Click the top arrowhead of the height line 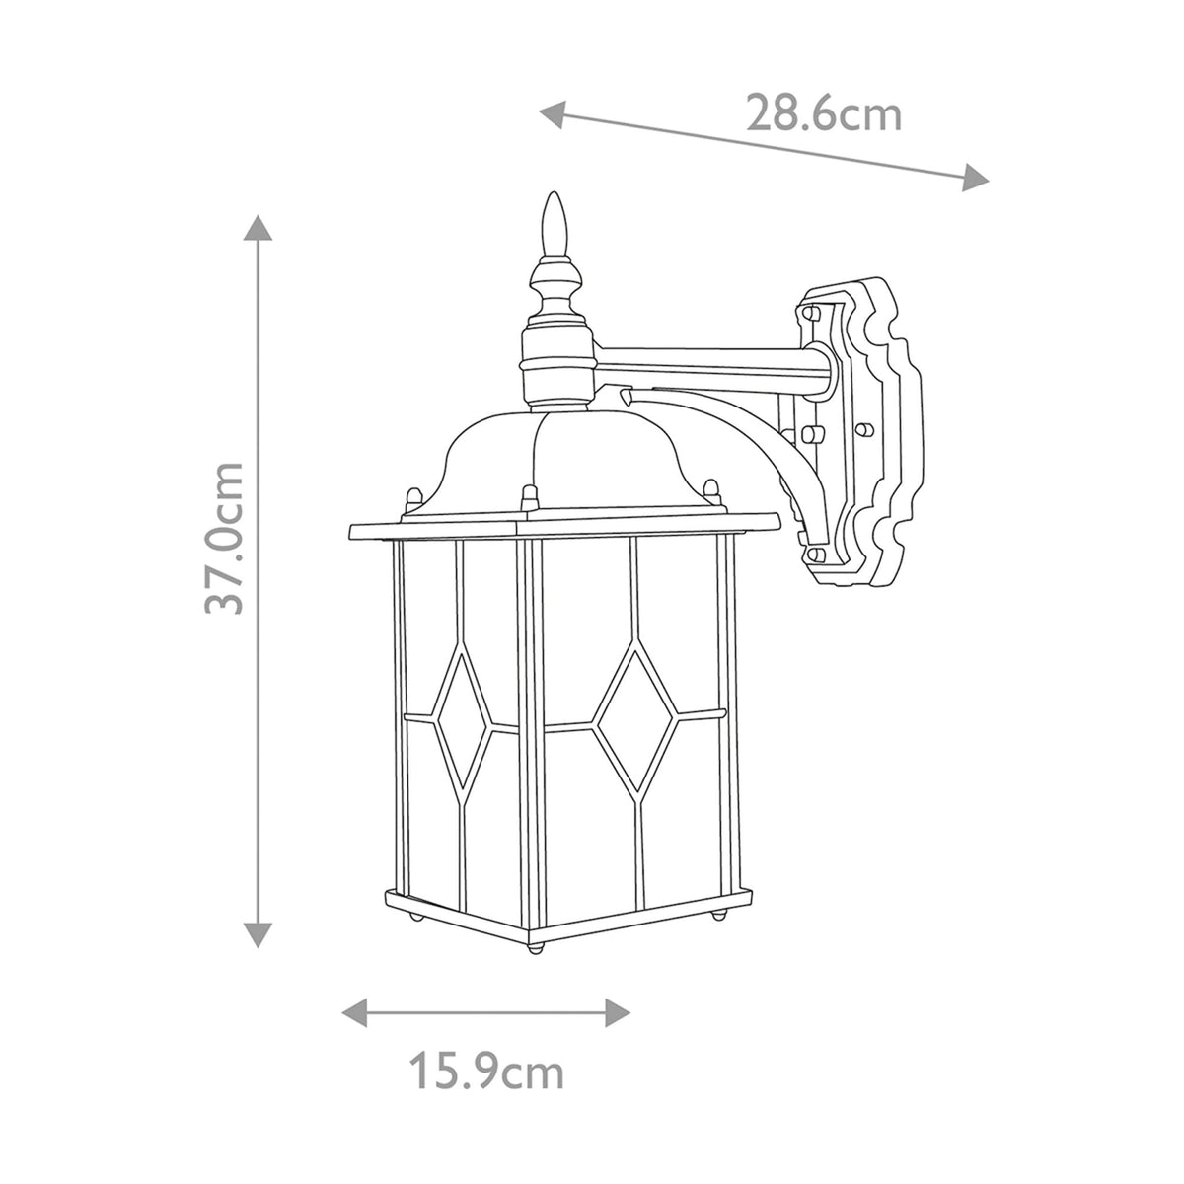tap(258, 229)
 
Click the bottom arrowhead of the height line tap(258, 931)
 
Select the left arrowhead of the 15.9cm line tap(352, 1010)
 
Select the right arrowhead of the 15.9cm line tap(618, 1010)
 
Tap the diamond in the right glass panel tap(636, 720)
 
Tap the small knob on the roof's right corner tap(710, 487)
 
